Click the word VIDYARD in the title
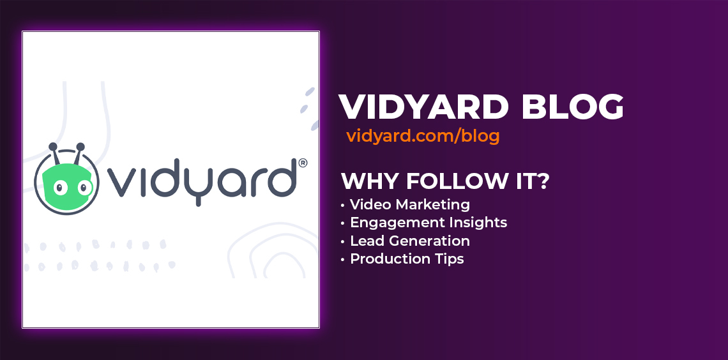(423, 107)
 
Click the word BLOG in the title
(572, 107)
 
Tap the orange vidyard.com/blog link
(423, 137)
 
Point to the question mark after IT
(543, 181)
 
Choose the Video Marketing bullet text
(410, 204)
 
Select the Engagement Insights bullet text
(428, 223)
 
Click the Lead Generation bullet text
(410, 241)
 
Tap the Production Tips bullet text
(407, 259)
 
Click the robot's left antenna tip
(52, 147)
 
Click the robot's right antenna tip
(80, 147)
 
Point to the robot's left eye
(61, 188)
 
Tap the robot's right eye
(84, 188)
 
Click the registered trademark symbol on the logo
(302, 164)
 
